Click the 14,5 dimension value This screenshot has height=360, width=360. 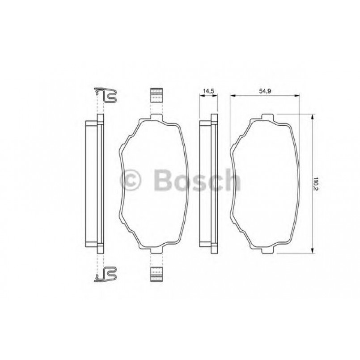[208, 91]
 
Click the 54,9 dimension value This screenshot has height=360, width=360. [264, 91]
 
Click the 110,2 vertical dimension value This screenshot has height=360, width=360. [315, 183]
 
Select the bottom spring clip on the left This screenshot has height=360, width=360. [107, 273]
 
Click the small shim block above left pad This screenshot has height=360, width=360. [155, 94]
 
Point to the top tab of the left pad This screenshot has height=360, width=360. [155, 118]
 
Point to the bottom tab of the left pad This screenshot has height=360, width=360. [155, 250]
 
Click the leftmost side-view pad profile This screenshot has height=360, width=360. [94, 183]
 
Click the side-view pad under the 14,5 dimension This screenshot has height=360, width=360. [208, 183]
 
